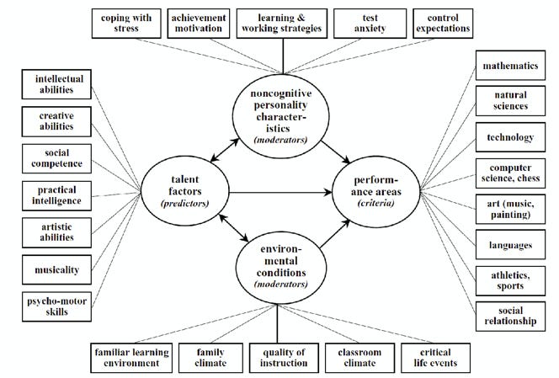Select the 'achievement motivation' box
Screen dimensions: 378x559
coord(199,23)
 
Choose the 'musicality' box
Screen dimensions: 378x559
coord(53,269)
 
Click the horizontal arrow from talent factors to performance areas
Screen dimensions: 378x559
coord(278,192)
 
